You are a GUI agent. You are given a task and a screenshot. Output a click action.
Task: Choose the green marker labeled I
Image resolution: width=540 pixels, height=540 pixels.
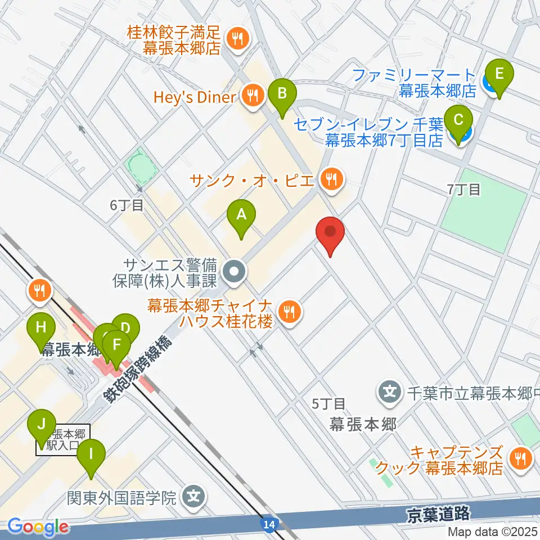click(91, 455)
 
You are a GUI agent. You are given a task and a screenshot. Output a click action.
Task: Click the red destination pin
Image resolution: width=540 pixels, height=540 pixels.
click(330, 233)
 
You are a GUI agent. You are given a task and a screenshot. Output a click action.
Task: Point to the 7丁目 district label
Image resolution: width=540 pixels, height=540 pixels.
click(464, 190)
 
